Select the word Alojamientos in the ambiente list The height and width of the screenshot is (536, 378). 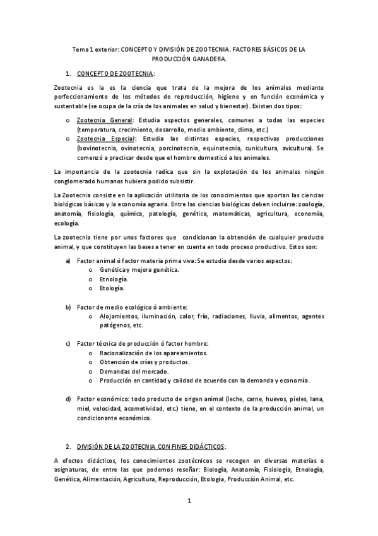(121, 316)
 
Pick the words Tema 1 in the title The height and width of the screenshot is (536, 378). (83, 49)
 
